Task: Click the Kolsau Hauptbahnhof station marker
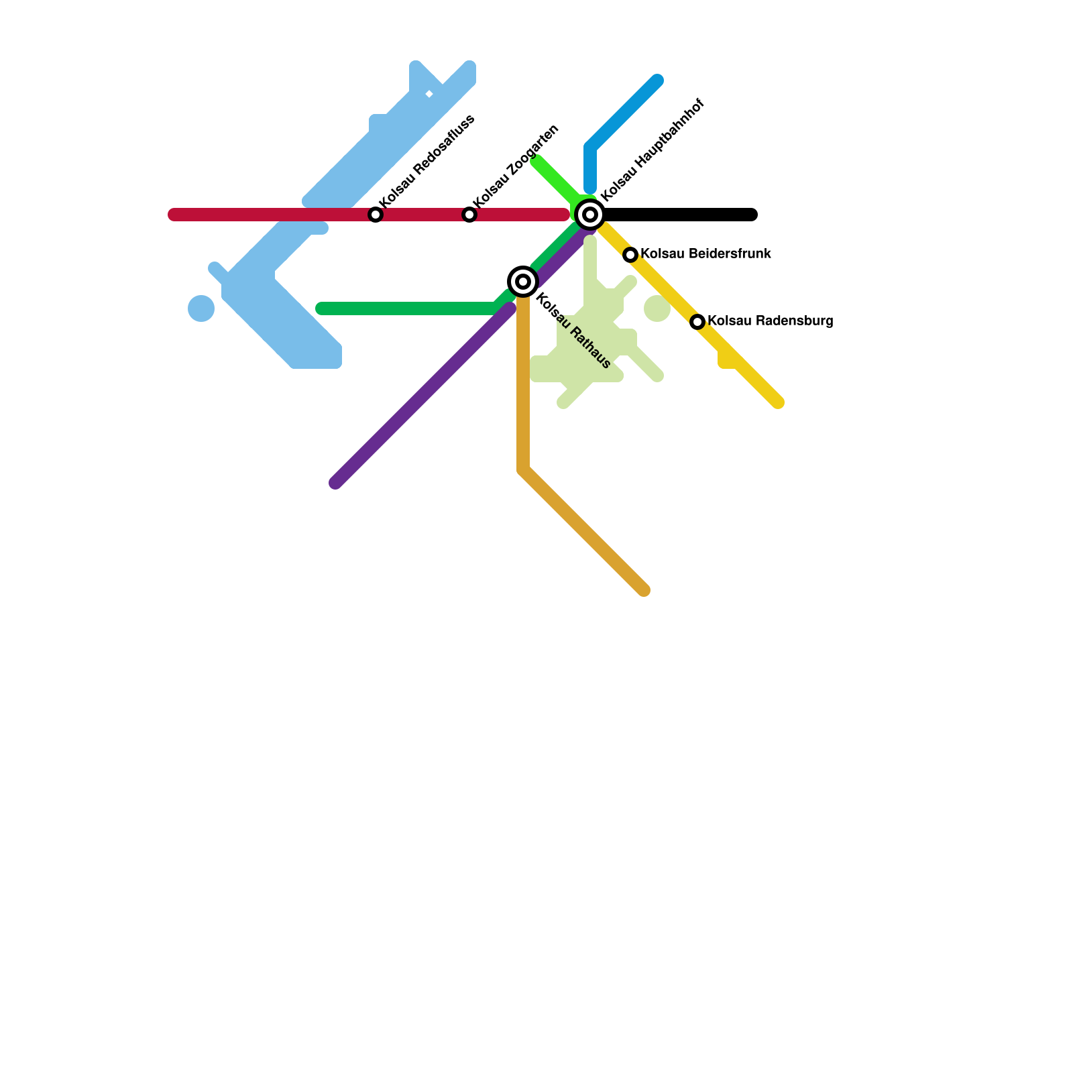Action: point(590,215)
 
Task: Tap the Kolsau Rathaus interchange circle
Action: point(523,282)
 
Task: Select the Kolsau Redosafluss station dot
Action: point(376,215)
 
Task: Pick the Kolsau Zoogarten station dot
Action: point(469,215)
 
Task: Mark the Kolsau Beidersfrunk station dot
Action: point(630,255)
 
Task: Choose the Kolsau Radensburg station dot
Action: point(697,322)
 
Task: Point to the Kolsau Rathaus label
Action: point(573,332)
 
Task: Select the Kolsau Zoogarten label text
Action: point(515,166)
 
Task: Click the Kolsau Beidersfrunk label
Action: point(705,254)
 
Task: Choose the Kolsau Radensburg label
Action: point(770,321)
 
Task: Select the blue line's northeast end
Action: point(657,80)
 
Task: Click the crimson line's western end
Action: point(174,215)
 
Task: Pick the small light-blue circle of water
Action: point(201,308)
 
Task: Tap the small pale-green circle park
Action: point(657,308)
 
